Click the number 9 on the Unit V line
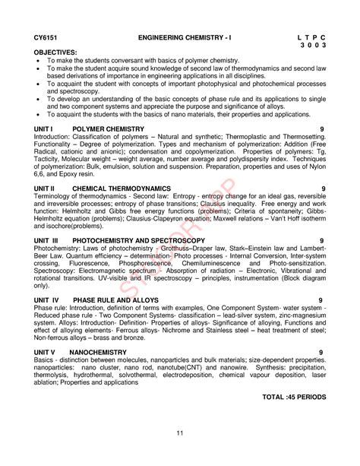tap(323, 353)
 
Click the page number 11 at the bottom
tap(180, 433)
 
